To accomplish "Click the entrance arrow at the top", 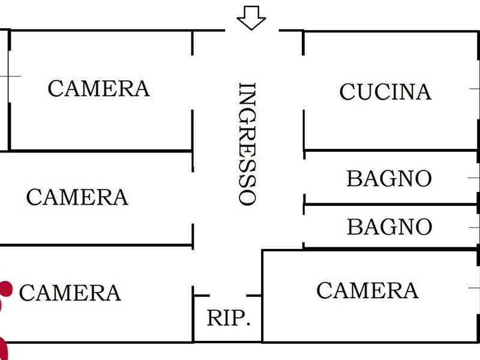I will [251, 18].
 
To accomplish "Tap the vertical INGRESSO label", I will [248, 144].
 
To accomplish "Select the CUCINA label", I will [385, 92].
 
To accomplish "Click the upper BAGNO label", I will [389, 179].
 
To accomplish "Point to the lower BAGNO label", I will [389, 227].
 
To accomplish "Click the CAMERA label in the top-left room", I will [98, 89].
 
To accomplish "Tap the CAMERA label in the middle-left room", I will [77, 197].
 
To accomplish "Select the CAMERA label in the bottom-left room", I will [70, 293].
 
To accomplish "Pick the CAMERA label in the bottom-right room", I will [367, 290].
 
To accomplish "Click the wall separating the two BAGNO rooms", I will [390, 205].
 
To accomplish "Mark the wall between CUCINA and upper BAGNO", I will [390, 150].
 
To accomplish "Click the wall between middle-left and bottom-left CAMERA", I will [96, 245].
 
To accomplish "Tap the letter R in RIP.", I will [214, 318].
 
